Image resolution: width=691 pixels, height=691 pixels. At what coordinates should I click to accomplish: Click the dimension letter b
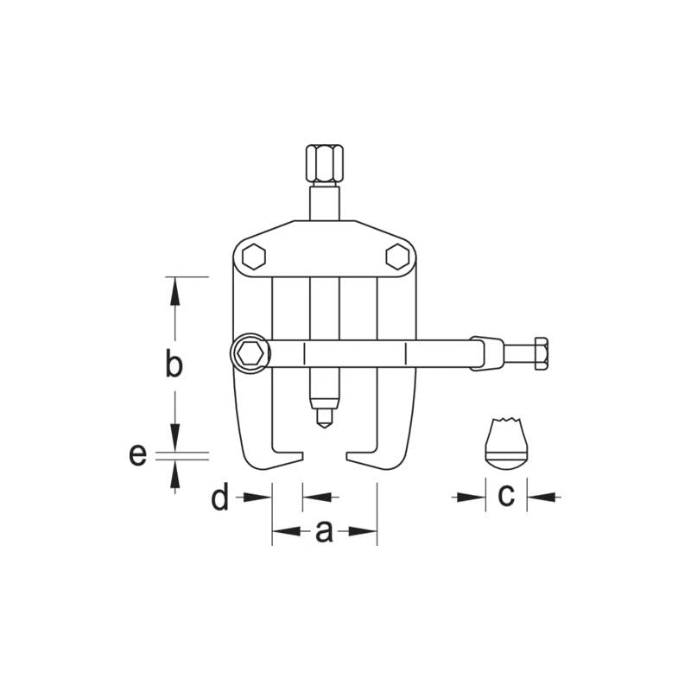point(174,365)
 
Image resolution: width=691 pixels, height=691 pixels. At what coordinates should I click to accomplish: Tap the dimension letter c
point(506,496)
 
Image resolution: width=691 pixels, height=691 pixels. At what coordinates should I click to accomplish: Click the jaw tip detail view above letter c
point(505,443)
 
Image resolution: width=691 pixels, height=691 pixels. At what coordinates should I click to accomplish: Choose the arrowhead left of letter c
point(475,497)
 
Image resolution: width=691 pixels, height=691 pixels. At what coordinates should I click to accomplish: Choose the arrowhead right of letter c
point(537,497)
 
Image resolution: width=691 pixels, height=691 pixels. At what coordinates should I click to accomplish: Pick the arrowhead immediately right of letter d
point(262,497)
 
